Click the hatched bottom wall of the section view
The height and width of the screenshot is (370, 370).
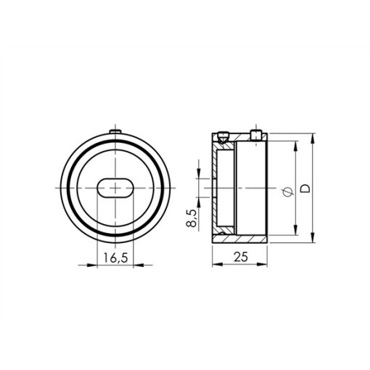click(239, 237)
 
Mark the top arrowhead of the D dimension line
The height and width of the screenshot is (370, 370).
click(312, 138)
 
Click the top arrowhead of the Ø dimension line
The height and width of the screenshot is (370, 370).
click(295, 145)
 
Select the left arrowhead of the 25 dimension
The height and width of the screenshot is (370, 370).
click(215, 264)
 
